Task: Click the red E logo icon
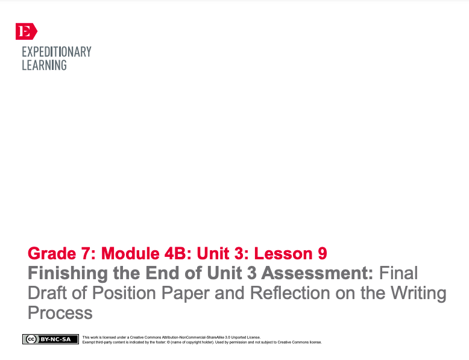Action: point(26,31)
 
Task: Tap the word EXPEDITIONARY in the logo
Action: point(57,52)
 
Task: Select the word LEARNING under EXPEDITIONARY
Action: point(44,65)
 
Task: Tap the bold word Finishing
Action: point(68,273)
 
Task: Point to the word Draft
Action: point(47,294)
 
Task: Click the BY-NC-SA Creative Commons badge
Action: point(51,339)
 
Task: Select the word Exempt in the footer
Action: point(90,342)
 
